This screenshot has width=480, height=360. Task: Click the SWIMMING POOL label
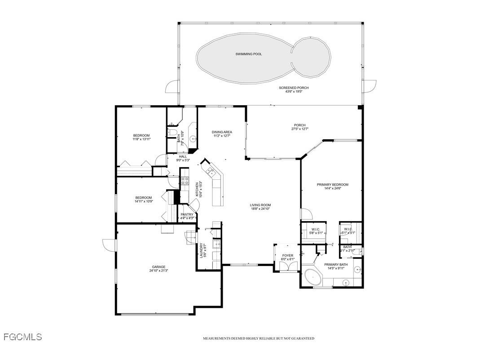pyautogui.click(x=248, y=54)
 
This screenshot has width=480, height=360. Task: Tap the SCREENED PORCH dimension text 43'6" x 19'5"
pyautogui.click(x=294, y=92)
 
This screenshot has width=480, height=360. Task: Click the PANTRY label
pyautogui.click(x=187, y=214)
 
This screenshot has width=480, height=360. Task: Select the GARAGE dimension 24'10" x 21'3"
pyautogui.click(x=159, y=271)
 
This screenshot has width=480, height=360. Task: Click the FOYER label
pyautogui.click(x=287, y=255)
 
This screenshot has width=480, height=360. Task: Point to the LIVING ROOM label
pyautogui.click(x=260, y=205)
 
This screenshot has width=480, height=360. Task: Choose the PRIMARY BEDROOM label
pyautogui.click(x=332, y=184)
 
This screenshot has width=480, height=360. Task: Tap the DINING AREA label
pyautogui.click(x=222, y=132)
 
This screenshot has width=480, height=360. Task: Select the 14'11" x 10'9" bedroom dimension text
pyautogui.click(x=144, y=202)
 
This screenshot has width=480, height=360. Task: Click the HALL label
pyautogui.click(x=183, y=156)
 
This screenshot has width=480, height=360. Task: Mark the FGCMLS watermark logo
pyautogui.click(x=22, y=337)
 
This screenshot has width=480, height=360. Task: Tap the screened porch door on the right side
pyautogui.click(x=370, y=86)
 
